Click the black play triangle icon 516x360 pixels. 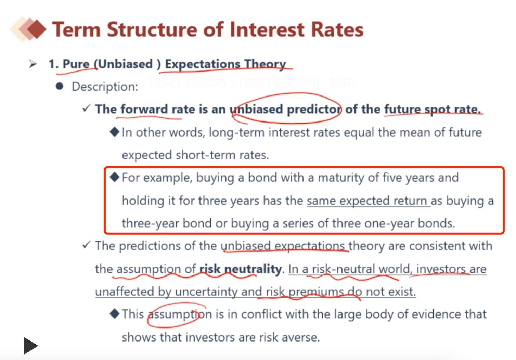[x=31, y=346]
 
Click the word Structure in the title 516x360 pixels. [x=152, y=29]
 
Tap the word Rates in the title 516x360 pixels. [x=337, y=29]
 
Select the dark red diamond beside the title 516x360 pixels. [x=37, y=29]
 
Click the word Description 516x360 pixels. [x=105, y=87]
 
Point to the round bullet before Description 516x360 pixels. [x=60, y=86]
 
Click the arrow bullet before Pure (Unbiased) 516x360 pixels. [x=33, y=64]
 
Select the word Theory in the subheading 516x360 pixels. [x=265, y=64]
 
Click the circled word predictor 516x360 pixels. [x=314, y=109]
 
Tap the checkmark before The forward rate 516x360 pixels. [x=87, y=108]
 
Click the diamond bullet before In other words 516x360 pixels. [x=115, y=132]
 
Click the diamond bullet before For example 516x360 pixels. [x=115, y=177]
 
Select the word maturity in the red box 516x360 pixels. [x=341, y=178]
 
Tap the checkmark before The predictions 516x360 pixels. [x=87, y=245]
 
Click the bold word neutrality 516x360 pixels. [x=253, y=269]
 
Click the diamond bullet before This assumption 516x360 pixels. [x=115, y=314]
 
